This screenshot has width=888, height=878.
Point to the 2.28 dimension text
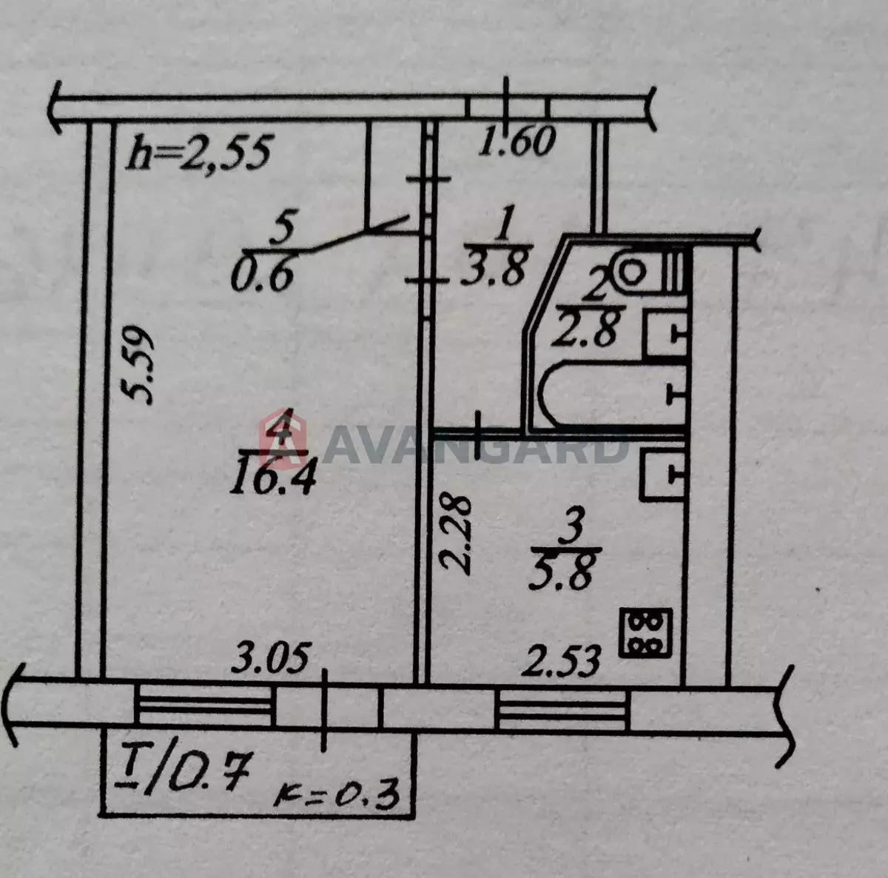pos(456,534)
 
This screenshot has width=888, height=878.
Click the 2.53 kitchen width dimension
pos(561,661)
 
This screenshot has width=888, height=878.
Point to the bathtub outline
pos(613,395)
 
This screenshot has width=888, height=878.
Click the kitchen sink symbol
pos(663,475)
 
